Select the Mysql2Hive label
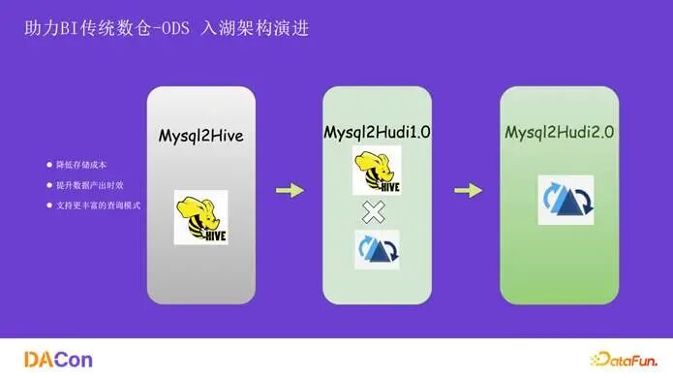pos(200,136)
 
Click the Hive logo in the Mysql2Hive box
pos(200,216)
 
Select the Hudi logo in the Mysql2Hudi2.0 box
pos(566,200)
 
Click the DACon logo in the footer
pos(57,359)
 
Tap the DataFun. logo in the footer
pos(620,359)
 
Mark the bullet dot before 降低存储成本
pos(49,164)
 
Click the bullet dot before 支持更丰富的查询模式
pos(49,205)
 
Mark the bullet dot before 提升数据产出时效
pos(49,184)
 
